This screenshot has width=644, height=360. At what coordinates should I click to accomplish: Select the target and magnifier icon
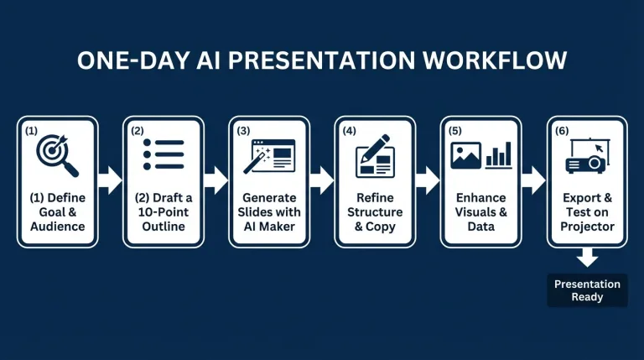click(58, 155)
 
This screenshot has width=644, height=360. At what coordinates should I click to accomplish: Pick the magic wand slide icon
click(269, 155)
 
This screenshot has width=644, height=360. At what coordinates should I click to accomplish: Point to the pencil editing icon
click(375, 155)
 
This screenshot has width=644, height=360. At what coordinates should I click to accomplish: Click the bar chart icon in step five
click(499, 155)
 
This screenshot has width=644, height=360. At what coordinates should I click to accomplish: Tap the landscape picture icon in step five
click(465, 155)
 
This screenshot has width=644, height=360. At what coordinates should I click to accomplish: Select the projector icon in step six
click(587, 156)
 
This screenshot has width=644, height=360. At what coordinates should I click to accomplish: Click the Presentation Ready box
click(587, 290)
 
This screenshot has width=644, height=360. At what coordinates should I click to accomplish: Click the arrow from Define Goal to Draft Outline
click(111, 180)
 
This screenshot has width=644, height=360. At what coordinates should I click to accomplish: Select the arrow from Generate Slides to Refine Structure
click(322, 180)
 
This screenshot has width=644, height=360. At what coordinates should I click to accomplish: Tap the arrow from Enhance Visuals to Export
click(533, 180)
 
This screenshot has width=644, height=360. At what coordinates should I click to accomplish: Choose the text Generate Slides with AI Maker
click(269, 212)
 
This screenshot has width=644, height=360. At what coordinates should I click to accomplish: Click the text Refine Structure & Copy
click(375, 212)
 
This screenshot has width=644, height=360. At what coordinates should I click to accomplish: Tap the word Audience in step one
click(58, 227)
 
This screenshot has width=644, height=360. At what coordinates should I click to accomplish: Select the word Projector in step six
click(587, 227)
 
